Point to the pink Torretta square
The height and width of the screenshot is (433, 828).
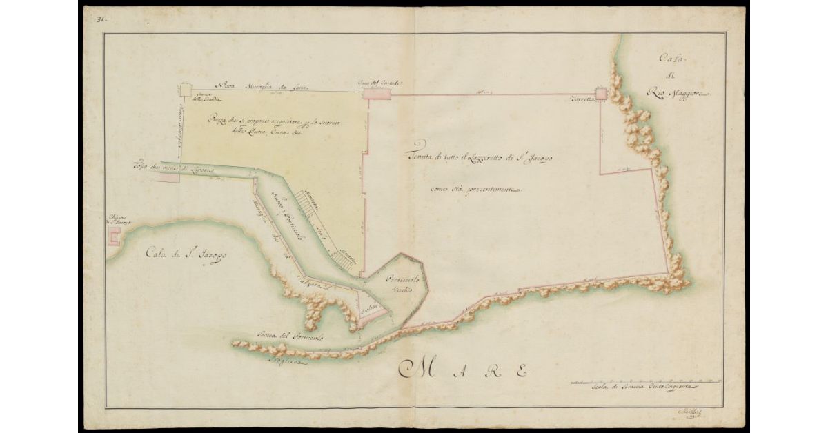[602, 94]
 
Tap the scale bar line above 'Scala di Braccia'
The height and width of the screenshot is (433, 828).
[646, 381]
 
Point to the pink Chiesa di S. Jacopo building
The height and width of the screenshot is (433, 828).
[113, 237]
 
